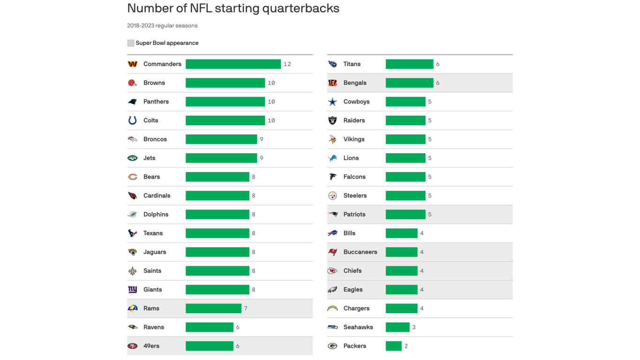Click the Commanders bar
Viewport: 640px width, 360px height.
233,64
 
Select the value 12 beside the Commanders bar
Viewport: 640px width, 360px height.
287,64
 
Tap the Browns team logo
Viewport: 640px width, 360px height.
133,83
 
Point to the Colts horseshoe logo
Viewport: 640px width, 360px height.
133,120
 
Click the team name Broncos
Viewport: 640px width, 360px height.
155,139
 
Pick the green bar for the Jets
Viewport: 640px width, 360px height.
221,158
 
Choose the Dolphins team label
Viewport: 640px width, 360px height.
156,214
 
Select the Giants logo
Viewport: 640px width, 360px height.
133,290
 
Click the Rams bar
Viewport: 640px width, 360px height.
213,308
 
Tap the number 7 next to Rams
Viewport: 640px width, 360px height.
246,308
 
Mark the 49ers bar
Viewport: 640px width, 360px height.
209,346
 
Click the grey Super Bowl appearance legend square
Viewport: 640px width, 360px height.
131,43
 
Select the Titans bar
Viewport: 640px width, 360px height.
409,64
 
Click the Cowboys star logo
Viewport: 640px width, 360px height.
333,102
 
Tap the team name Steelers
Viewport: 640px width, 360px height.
355,195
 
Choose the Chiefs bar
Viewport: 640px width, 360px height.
401,271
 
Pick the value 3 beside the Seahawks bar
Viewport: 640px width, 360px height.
414,327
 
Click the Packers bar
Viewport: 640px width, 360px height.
393,346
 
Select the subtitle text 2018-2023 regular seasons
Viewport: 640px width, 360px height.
162,26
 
